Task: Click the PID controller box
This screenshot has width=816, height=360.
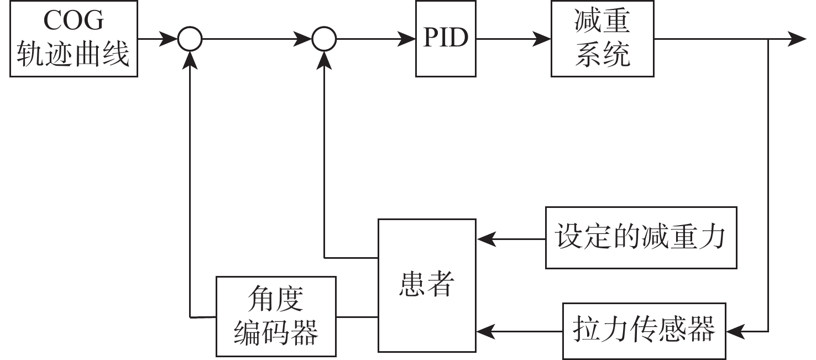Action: click(x=446, y=39)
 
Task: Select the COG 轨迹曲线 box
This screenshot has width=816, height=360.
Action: click(x=73, y=39)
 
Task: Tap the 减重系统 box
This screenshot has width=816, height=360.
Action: click(x=602, y=39)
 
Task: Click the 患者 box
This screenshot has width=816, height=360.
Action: click(x=426, y=285)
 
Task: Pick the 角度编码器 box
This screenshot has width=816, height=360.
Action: click(x=276, y=316)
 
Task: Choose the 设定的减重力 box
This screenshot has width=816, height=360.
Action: click(x=641, y=238)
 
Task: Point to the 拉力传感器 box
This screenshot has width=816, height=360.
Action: click(x=644, y=330)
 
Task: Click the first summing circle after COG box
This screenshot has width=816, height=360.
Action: click(x=190, y=39)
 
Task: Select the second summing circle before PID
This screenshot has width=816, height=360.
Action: click(x=325, y=39)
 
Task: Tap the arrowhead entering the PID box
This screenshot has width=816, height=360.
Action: click(x=408, y=39)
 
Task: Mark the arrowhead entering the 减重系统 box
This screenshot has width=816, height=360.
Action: click(x=543, y=39)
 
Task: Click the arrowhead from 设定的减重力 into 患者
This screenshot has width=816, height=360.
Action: click(x=484, y=239)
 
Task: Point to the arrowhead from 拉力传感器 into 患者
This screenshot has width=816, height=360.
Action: click(x=484, y=332)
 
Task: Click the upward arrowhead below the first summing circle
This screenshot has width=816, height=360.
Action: click(x=190, y=59)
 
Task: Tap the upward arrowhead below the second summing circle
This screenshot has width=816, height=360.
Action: click(x=325, y=59)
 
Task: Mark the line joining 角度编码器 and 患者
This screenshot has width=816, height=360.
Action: click(x=357, y=317)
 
